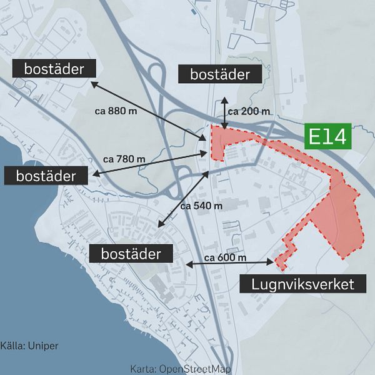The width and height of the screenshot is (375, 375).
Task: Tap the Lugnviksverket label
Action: pos(302,284)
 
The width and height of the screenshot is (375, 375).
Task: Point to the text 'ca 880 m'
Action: pos(116,111)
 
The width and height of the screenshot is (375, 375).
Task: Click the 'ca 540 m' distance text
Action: pos(201,205)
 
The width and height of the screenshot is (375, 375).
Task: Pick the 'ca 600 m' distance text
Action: pos(225,257)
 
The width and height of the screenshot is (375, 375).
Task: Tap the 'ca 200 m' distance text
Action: pos(249,111)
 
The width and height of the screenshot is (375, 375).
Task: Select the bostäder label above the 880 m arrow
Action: pos(54,68)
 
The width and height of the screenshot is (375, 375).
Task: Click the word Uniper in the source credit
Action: pos(42,345)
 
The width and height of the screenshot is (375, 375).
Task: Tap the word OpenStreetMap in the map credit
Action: pos(196,369)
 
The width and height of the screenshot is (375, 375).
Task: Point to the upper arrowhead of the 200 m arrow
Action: pos(224,99)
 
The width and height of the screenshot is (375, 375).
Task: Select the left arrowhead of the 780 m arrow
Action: pos(92,172)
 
